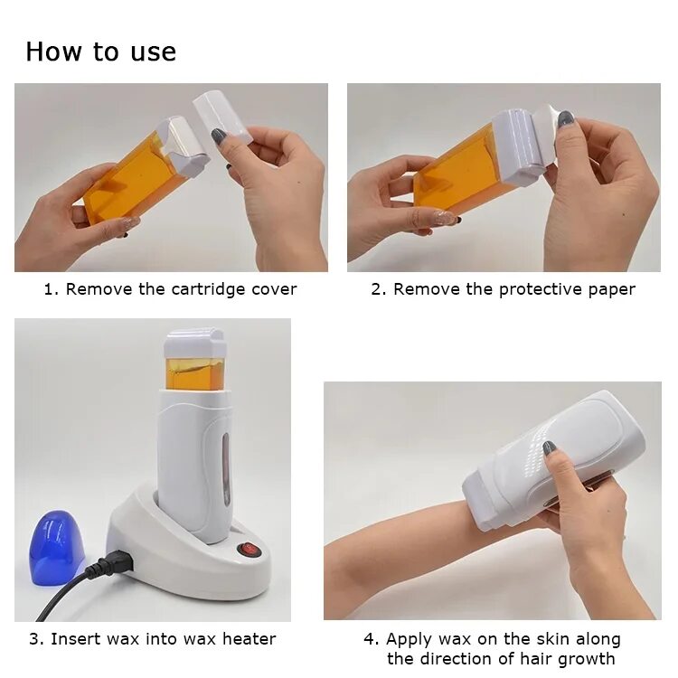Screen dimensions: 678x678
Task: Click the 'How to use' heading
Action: (x=100, y=52)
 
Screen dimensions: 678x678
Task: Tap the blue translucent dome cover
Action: (x=55, y=546)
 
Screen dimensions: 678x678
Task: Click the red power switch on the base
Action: (x=244, y=548)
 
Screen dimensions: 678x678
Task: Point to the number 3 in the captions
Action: (x=33, y=639)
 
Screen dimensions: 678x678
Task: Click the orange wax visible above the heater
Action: (x=194, y=372)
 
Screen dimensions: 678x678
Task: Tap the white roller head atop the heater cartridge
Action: (x=194, y=343)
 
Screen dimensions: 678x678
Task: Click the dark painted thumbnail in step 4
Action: (x=549, y=447)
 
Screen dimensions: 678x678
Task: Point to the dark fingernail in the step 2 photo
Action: (x=565, y=119)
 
